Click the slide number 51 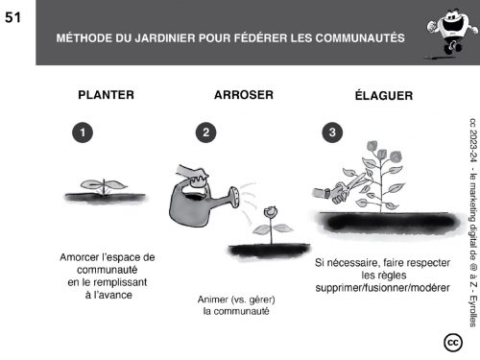(12, 17)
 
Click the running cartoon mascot (450, 33)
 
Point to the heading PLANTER (106, 95)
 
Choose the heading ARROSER (244, 95)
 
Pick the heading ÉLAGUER (384, 95)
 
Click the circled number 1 (83, 132)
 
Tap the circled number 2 (205, 132)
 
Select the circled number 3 (332, 132)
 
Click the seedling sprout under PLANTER (104, 186)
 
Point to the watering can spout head (234, 197)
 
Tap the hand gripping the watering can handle (192, 176)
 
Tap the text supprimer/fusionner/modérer (382, 288)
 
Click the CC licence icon (453, 343)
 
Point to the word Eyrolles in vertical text (473, 311)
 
